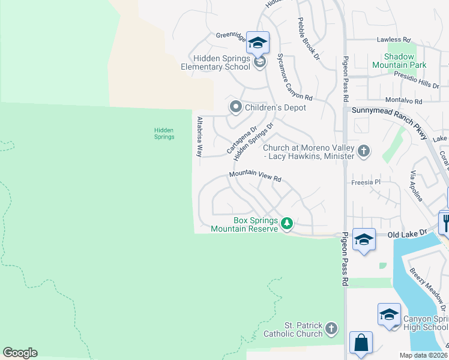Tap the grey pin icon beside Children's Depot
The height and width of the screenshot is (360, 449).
tap(236, 107)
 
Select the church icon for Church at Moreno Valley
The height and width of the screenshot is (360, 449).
tap(363, 151)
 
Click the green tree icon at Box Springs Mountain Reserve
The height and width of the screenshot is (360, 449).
tap(287, 224)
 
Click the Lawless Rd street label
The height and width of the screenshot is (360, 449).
tap(393, 40)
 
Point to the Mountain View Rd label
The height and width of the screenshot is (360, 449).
tap(255, 176)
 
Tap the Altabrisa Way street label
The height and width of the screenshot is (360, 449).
tap(200, 137)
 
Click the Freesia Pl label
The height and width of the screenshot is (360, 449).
tap(366, 181)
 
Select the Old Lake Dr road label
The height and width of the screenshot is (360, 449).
tap(406, 233)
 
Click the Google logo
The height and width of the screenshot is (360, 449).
tap(20, 353)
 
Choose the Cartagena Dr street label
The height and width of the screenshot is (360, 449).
tap(241, 139)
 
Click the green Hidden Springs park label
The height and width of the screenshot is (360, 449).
tap(164, 133)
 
